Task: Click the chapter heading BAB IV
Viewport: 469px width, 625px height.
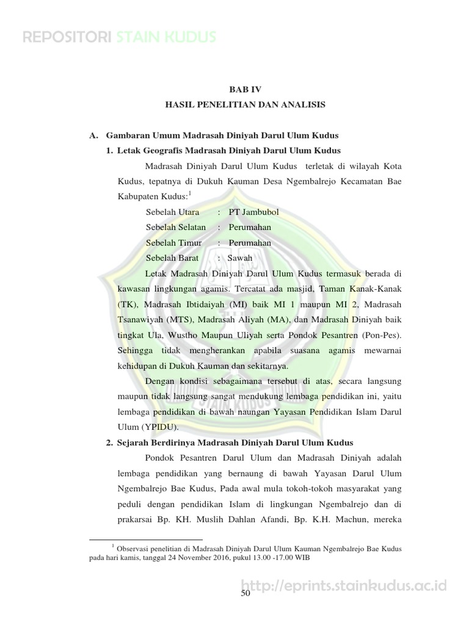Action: (x=245, y=89)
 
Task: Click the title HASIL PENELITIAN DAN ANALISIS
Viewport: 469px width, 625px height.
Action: (x=245, y=105)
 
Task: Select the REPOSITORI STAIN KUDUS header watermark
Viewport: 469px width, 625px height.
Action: (x=119, y=38)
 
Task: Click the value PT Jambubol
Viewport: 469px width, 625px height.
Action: (x=253, y=212)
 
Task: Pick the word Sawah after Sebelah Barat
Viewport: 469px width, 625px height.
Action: (x=239, y=258)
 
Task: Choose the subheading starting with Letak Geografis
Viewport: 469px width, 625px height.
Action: (x=228, y=150)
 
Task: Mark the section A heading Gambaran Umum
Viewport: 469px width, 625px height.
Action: (x=222, y=135)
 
